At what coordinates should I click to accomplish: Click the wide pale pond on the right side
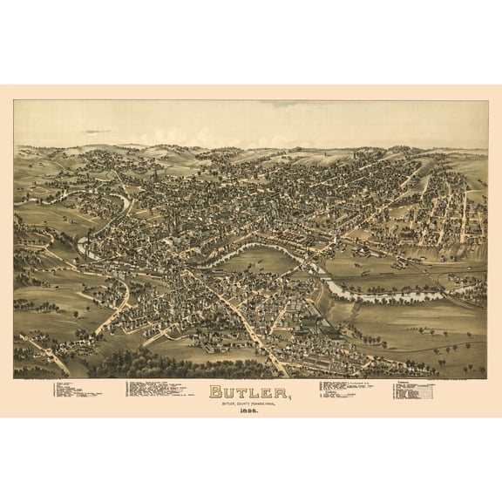(x=383, y=295)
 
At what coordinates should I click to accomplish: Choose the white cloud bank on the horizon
(x=261, y=139)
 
